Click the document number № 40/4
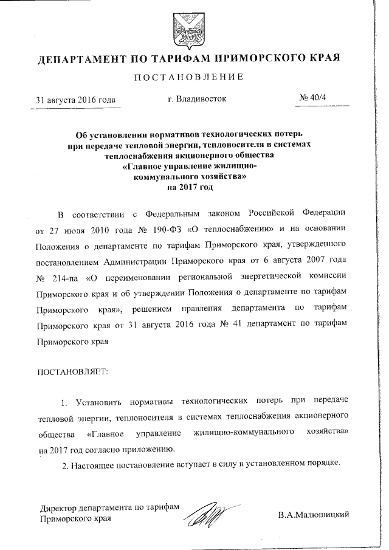pos(314,98)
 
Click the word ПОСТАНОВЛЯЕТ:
pos(73,371)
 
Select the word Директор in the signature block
pos(58,509)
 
